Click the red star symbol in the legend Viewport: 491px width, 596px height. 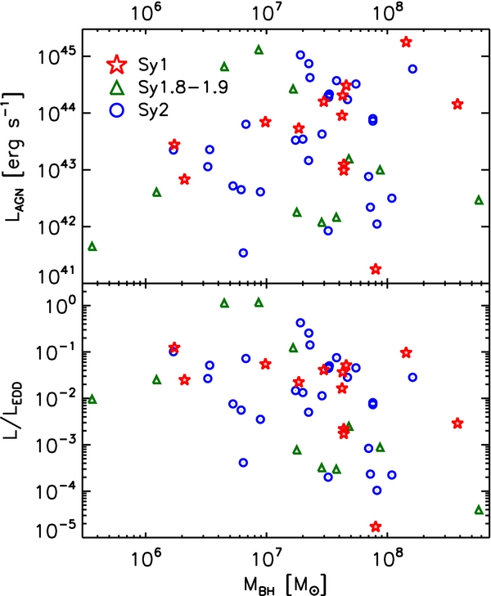(x=118, y=65)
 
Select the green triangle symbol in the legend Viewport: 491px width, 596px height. (x=118, y=88)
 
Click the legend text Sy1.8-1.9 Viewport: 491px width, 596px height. (x=183, y=87)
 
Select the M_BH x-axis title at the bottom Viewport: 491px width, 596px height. (x=285, y=585)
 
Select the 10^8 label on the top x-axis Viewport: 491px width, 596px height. (x=388, y=13)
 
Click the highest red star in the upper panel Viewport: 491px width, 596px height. (x=406, y=42)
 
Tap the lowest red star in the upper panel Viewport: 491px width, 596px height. (x=376, y=269)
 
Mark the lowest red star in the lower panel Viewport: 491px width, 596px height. (x=376, y=527)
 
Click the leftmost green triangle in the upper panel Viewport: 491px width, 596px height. (x=92, y=247)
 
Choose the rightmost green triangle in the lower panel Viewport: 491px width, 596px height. (x=479, y=510)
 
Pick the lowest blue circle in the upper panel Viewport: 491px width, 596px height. (x=243, y=253)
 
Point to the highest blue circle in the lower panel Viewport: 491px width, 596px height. (x=300, y=323)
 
